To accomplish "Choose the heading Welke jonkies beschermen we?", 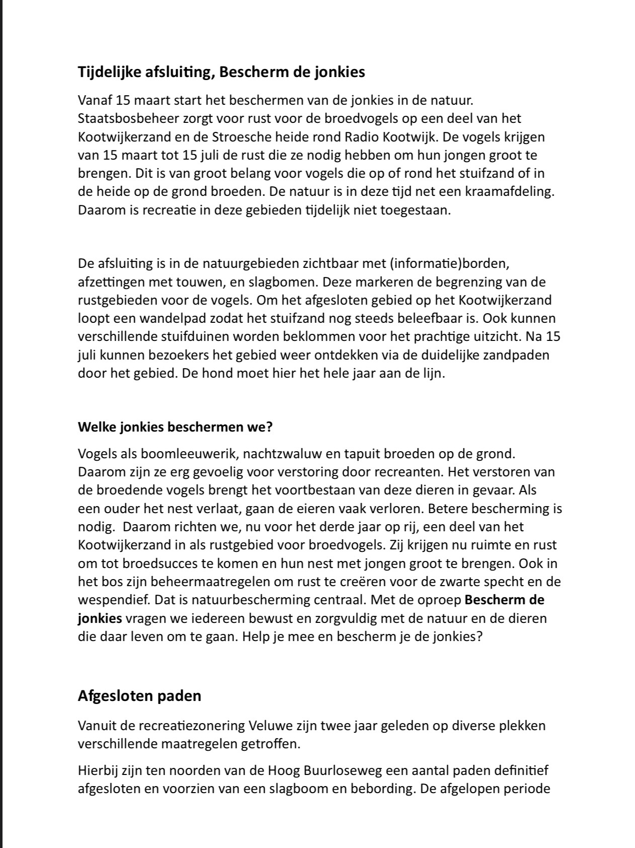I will [175, 428].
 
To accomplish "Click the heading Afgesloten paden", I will [139, 696].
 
